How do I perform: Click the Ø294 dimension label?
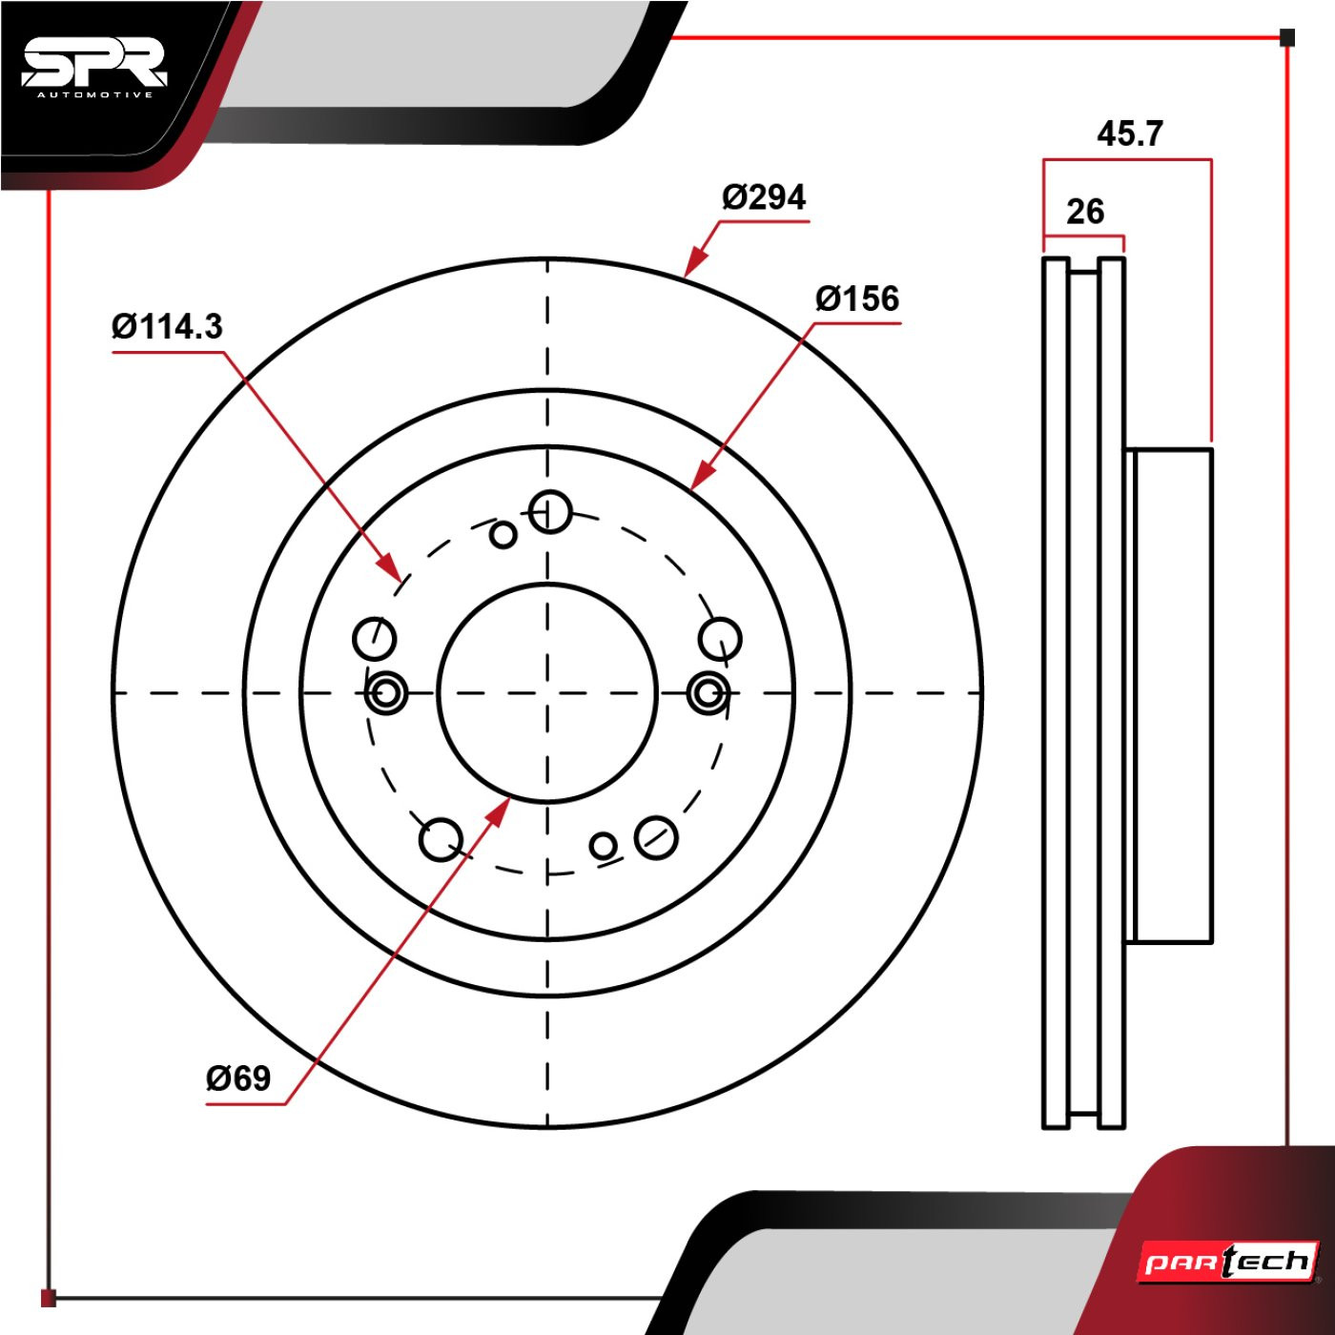click(764, 197)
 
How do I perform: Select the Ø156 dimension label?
click(856, 299)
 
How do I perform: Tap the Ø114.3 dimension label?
click(167, 327)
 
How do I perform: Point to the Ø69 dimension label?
click(238, 1078)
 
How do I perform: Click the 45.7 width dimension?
click(1129, 134)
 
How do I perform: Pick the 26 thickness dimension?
click(1085, 212)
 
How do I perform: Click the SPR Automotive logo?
click(94, 68)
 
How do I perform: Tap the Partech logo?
click(1228, 1263)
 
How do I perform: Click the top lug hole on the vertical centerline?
click(550, 512)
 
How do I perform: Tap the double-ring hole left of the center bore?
click(386, 693)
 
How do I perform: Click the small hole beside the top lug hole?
click(503, 535)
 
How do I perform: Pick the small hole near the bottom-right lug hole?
click(603, 845)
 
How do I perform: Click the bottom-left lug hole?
click(441, 839)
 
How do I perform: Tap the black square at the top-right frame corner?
click(1286, 38)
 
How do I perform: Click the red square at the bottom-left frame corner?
click(49, 1298)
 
